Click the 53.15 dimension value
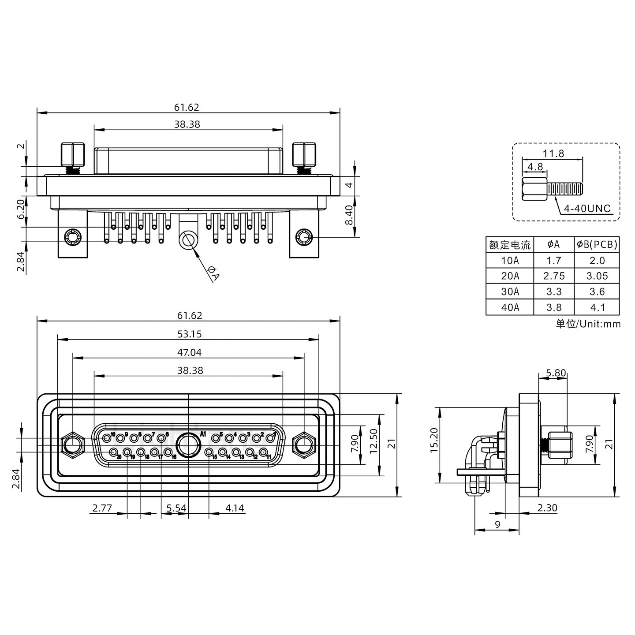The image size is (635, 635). tap(189, 334)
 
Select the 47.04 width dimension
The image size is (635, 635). tap(189, 352)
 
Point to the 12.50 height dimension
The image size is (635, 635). tap(374, 441)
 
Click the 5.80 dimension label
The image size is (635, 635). tap(555, 373)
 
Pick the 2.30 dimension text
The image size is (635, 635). tap(547, 508)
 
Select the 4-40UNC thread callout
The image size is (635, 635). tap(587, 208)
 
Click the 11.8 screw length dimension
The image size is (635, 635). tap(553, 153)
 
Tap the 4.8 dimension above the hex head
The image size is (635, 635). tap(535, 167)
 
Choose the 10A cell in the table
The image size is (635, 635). tap(510, 260)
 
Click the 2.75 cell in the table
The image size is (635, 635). tap(554, 276)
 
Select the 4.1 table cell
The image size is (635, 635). tap(597, 307)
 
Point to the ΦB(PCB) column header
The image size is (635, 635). tap(597, 244)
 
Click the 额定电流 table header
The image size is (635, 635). tap(510, 244)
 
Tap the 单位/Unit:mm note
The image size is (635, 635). tap(588, 324)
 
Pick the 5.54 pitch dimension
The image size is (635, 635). tap(176, 508)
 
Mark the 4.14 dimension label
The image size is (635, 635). tap(235, 508)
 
